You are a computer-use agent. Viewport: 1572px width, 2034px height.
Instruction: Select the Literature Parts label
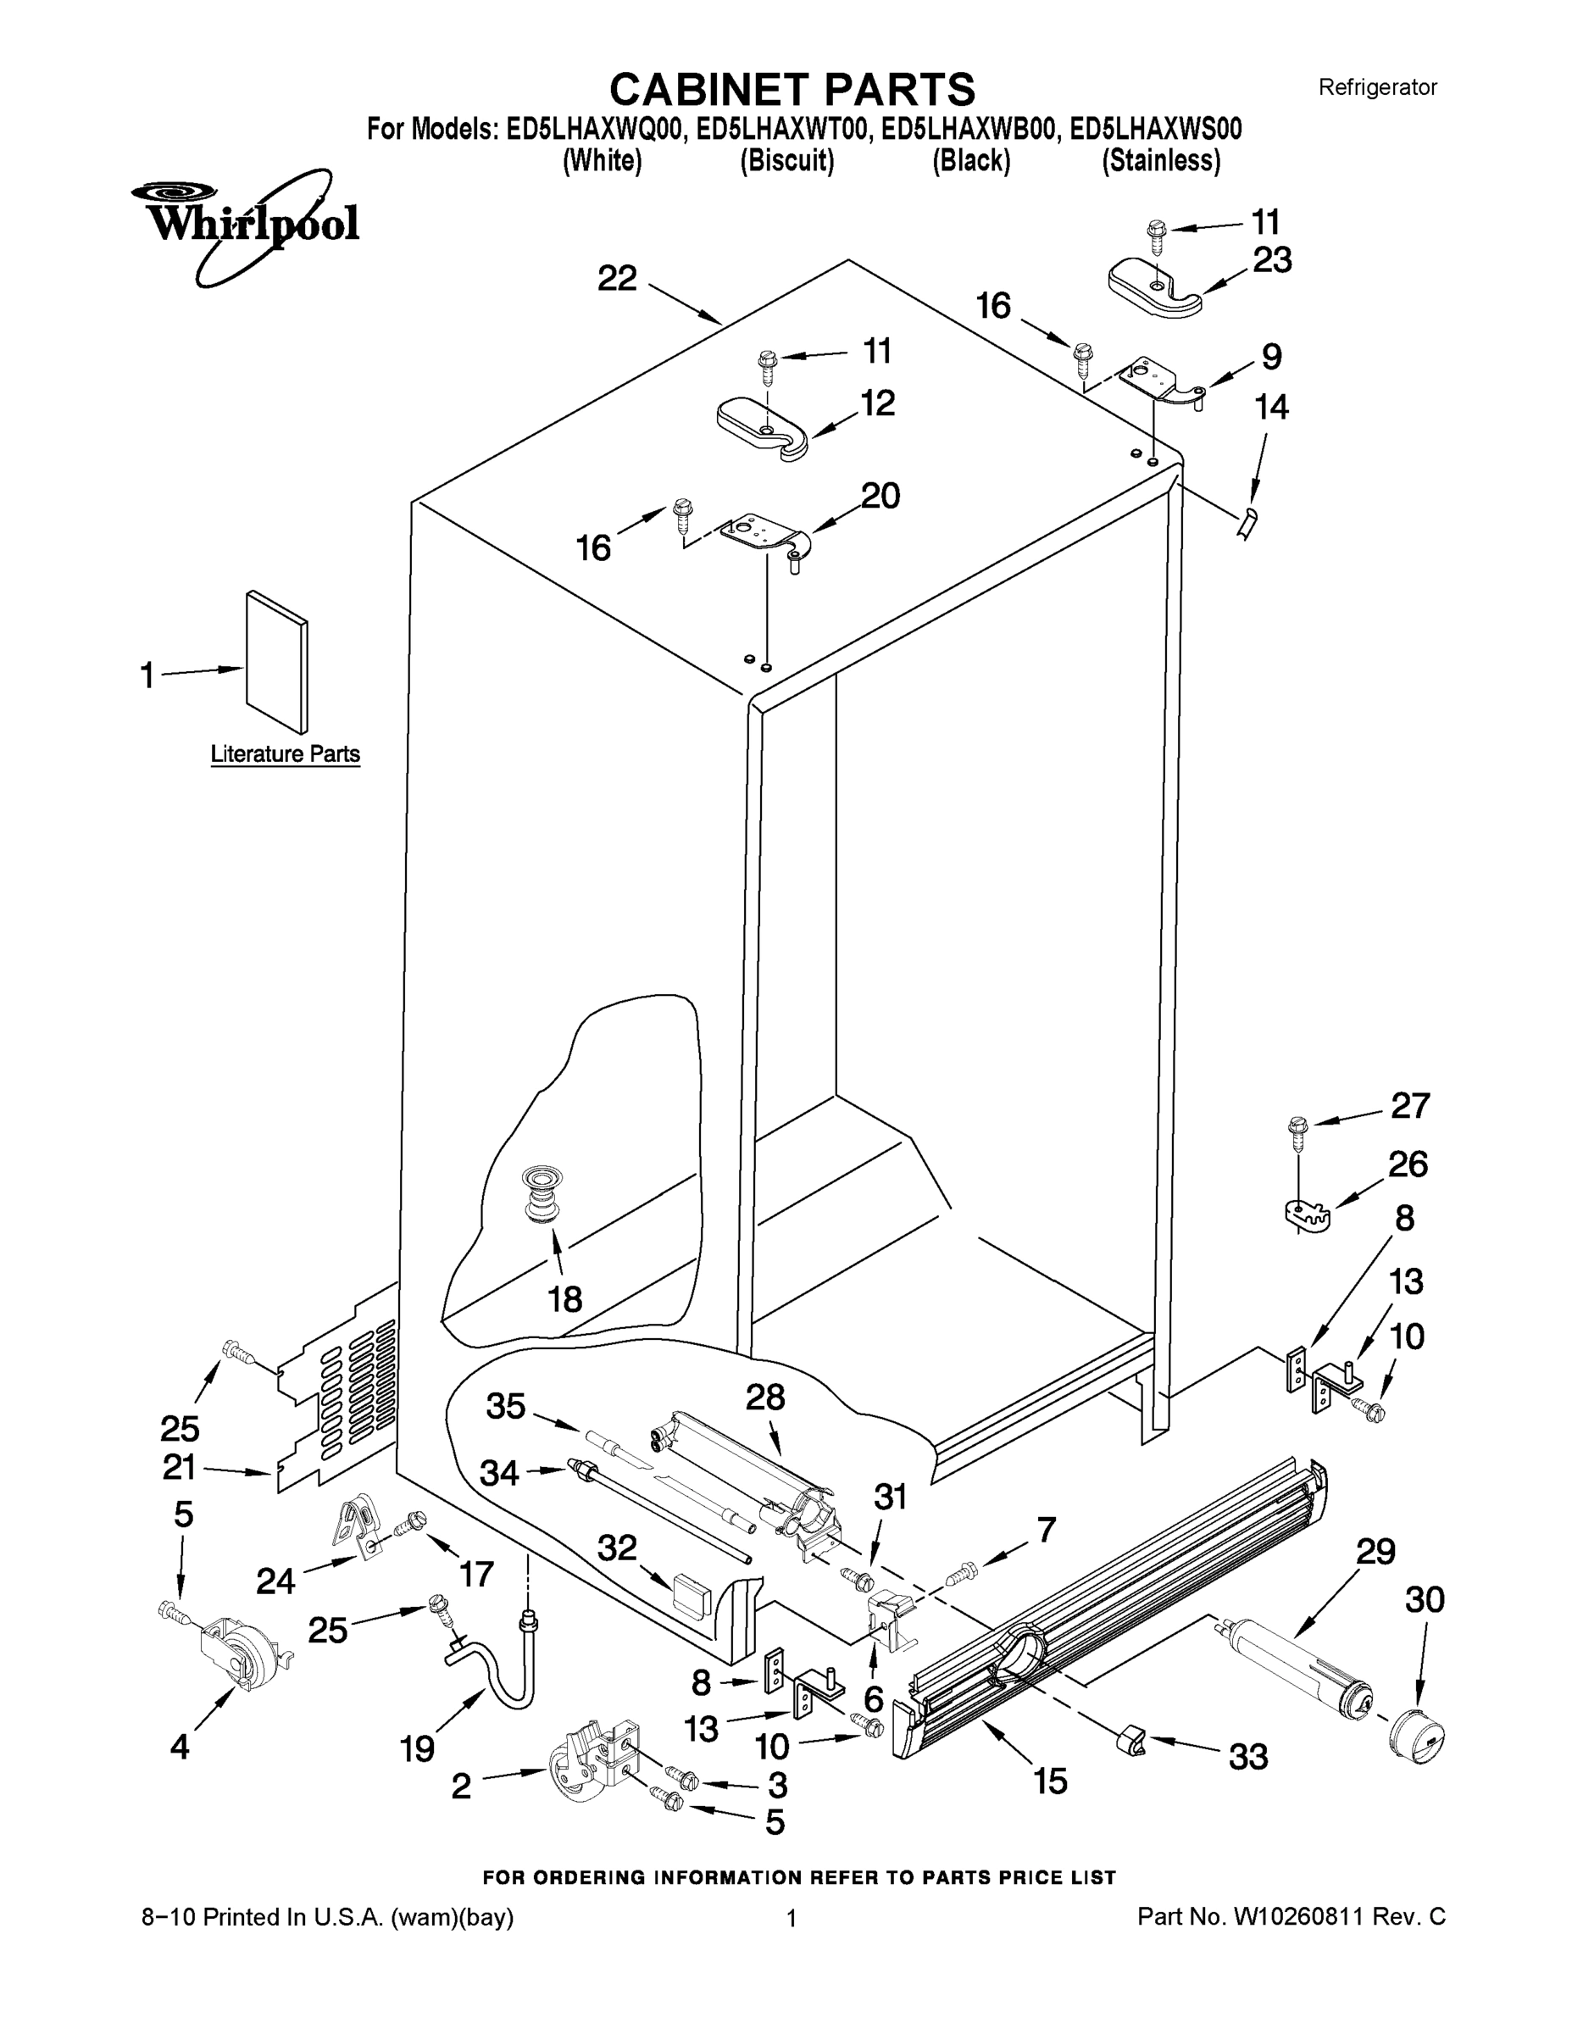point(285,753)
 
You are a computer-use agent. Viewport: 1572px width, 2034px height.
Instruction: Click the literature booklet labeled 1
point(276,661)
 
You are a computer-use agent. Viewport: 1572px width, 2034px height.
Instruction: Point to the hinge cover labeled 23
point(1155,291)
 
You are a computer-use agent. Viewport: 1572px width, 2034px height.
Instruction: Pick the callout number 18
point(565,1298)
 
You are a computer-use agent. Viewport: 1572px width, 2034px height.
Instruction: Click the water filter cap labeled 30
point(1415,1738)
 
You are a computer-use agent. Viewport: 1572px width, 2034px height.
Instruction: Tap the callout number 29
point(1375,1551)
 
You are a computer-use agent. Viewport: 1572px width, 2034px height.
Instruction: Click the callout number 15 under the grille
point(1051,1781)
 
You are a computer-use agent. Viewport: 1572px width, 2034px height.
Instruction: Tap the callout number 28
point(764,1397)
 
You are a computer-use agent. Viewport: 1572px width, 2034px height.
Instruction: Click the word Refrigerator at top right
point(1377,87)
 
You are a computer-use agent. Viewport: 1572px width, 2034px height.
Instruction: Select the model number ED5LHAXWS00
point(1156,129)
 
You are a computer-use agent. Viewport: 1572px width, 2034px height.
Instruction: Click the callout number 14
point(1271,407)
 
